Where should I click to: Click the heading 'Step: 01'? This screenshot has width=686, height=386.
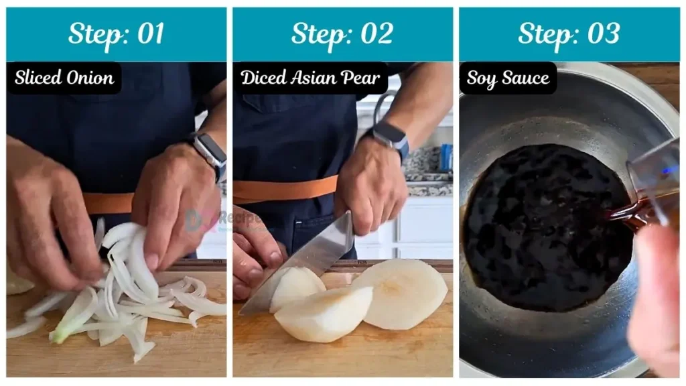(116, 34)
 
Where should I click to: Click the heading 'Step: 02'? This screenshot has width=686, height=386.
(342, 34)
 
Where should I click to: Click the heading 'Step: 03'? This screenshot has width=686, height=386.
(568, 34)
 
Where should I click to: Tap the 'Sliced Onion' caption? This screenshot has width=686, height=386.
(64, 78)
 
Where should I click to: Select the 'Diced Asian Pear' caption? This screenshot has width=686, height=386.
(310, 78)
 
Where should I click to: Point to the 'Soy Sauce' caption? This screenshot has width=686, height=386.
(508, 78)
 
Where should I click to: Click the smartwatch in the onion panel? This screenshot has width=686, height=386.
(209, 154)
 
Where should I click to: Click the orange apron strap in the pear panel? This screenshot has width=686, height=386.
(285, 189)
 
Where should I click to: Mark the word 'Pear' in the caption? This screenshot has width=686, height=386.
(361, 78)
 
